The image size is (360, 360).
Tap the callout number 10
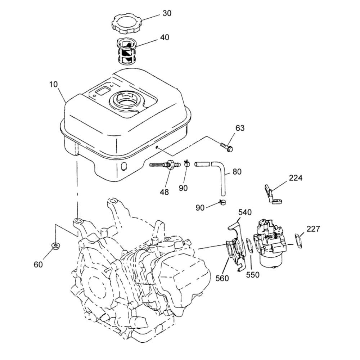coord(53,85)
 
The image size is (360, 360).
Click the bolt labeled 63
coord(226,147)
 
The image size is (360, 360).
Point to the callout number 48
coord(165,192)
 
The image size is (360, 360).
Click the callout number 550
coord(253,275)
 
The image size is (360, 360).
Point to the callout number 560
coord(222,278)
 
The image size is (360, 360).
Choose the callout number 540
coord(245,212)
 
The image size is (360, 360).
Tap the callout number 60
coord(38,265)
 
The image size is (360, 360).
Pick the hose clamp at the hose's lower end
coord(222,202)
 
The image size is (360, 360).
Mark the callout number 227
coord(313,229)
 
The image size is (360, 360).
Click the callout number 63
coord(240,128)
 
